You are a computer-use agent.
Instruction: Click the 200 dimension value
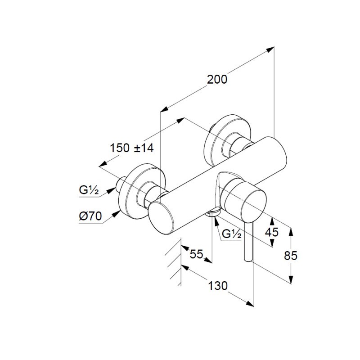pyautogui.click(x=217, y=80)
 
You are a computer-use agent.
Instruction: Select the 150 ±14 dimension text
pyautogui.click(x=132, y=148)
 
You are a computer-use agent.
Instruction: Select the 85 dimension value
pyautogui.click(x=291, y=255)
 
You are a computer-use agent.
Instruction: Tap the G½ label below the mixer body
pyautogui.click(x=232, y=234)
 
